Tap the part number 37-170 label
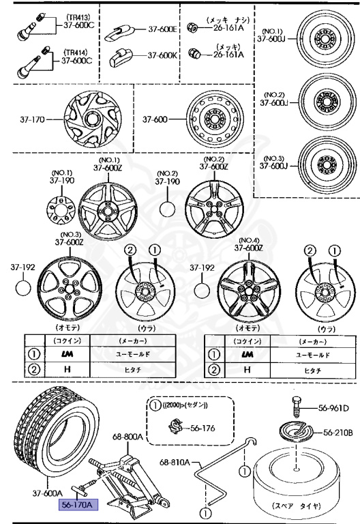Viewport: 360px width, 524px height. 30,120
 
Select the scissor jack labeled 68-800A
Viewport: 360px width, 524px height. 129,482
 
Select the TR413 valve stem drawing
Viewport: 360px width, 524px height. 28,27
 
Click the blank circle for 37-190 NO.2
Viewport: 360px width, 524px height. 168,207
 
